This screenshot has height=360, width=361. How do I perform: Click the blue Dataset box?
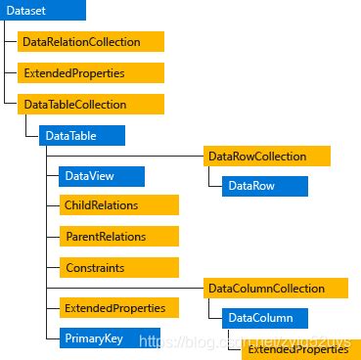(43, 12)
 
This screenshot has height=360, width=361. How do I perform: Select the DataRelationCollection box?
(90, 42)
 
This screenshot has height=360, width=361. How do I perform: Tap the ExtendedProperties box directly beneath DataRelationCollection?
(90, 72)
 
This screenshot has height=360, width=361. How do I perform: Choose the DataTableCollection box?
(91, 103)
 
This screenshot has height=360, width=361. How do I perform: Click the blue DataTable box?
(82, 135)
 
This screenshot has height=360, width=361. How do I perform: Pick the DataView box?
(101, 176)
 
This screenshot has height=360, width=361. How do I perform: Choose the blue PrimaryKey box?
(101, 337)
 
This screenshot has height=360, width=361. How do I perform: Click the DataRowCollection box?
(267, 156)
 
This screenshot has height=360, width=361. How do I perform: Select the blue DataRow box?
(264, 186)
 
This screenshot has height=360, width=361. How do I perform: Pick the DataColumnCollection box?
(277, 288)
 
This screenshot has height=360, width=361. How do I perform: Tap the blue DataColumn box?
(264, 318)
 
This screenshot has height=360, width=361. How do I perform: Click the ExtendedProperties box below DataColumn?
(301, 348)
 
